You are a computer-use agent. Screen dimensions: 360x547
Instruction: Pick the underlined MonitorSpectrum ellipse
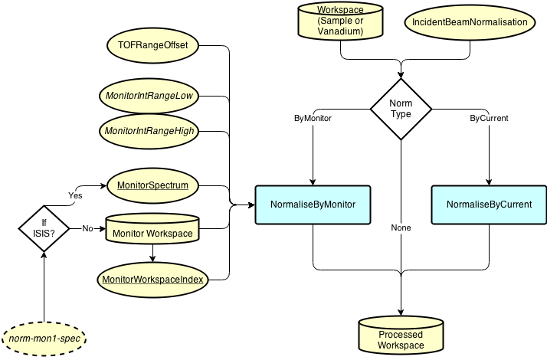(x=152, y=185)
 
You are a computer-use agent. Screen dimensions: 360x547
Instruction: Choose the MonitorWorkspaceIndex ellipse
(x=152, y=280)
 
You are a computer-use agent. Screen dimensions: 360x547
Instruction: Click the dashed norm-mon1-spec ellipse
(x=44, y=338)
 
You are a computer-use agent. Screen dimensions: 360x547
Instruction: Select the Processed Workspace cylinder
(x=400, y=336)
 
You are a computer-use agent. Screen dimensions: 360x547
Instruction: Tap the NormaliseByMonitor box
(x=313, y=205)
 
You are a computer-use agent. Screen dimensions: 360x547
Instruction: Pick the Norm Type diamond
(x=401, y=109)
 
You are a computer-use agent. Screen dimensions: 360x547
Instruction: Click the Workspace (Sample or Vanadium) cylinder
(x=340, y=21)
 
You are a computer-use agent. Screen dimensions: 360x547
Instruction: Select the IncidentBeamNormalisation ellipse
(x=470, y=22)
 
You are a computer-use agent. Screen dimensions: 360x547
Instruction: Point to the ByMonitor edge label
(x=313, y=119)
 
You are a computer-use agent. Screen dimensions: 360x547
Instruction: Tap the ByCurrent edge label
(x=489, y=119)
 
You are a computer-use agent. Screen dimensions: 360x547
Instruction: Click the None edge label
(x=401, y=228)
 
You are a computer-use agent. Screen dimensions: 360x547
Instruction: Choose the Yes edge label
(x=76, y=195)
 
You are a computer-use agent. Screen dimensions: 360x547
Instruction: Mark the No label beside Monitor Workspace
(x=87, y=228)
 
